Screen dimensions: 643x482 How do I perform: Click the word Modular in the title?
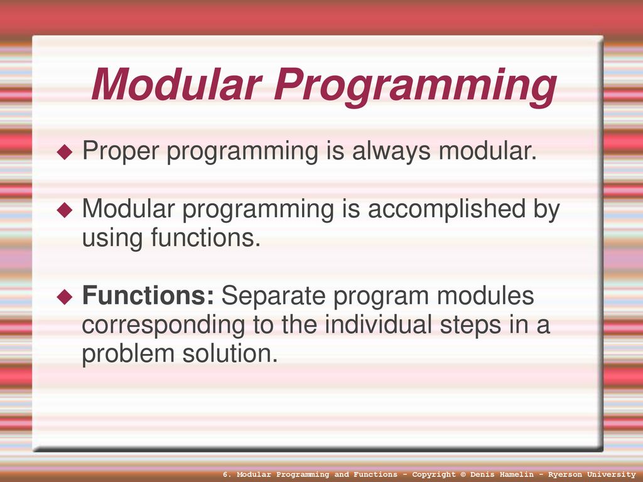(x=176, y=84)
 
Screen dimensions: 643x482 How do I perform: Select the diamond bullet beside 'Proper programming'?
(x=65, y=152)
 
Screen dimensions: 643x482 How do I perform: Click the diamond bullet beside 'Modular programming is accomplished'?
(x=65, y=210)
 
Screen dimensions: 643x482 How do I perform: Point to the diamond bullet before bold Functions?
(x=65, y=296)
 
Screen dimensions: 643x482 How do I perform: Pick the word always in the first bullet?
(x=391, y=152)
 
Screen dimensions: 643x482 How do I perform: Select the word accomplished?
(x=446, y=209)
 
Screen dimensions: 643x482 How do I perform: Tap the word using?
(x=112, y=239)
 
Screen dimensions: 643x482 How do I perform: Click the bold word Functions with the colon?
(x=148, y=295)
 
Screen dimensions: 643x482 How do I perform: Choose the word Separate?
(x=274, y=296)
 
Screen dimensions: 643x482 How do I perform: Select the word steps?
(x=471, y=326)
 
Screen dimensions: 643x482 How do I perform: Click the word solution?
(x=230, y=353)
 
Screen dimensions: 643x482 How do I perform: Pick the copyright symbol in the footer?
(x=463, y=474)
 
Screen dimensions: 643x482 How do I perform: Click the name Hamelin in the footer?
(x=516, y=474)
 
